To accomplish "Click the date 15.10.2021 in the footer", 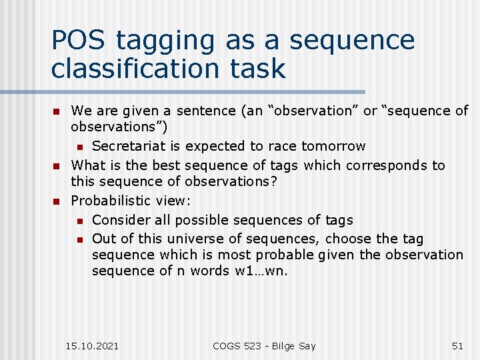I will (92, 345).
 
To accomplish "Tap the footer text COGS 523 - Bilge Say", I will (264, 345).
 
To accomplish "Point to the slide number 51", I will (457, 345).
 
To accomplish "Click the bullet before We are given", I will (57, 111).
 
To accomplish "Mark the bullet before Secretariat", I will (79, 147).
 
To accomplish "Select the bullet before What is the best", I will (57, 165).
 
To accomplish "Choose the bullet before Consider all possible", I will (79, 221).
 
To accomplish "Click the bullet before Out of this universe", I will (79, 239).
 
